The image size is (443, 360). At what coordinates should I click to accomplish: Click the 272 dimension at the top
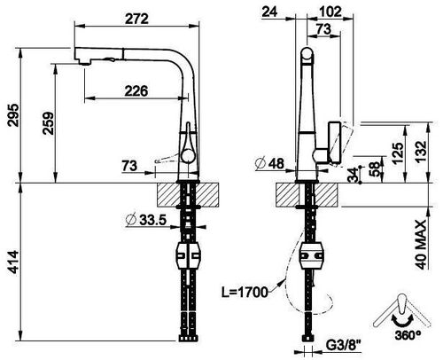(x=136, y=20)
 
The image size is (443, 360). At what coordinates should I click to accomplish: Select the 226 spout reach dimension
(x=136, y=91)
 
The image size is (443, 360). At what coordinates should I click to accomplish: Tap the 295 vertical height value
(x=13, y=115)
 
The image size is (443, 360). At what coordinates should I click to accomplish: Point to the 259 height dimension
(x=48, y=123)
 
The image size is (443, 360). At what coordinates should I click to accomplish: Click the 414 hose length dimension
(x=13, y=262)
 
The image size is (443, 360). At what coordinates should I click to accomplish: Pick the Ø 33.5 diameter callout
(x=146, y=220)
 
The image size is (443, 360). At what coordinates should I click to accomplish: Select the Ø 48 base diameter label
(x=270, y=163)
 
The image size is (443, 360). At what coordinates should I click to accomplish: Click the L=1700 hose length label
(x=245, y=293)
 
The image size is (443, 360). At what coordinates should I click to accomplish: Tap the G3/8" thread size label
(x=344, y=345)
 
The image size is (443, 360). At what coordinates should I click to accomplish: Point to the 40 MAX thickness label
(x=422, y=245)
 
